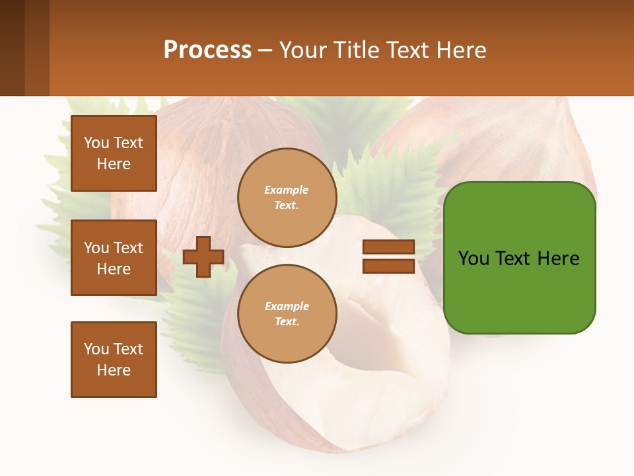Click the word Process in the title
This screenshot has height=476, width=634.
[x=207, y=50]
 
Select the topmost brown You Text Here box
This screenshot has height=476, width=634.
[x=114, y=153]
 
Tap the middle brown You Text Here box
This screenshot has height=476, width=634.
[x=114, y=258]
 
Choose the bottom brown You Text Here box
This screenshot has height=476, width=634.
[x=114, y=360]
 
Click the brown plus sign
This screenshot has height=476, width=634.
[x=203, y=257]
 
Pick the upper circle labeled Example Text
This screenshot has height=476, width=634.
[x=287, y=198]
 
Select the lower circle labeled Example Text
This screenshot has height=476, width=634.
[x=287, y=314]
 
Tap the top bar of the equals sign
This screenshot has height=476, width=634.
[x=388, y=247]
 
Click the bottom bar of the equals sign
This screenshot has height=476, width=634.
[x=388, y=266]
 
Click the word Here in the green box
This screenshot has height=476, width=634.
[x=558, y=258]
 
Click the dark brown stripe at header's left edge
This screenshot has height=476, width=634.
[x=12, y=48]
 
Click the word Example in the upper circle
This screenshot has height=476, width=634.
[x=287, y=190]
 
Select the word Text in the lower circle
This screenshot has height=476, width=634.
[x=286, y=322]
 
